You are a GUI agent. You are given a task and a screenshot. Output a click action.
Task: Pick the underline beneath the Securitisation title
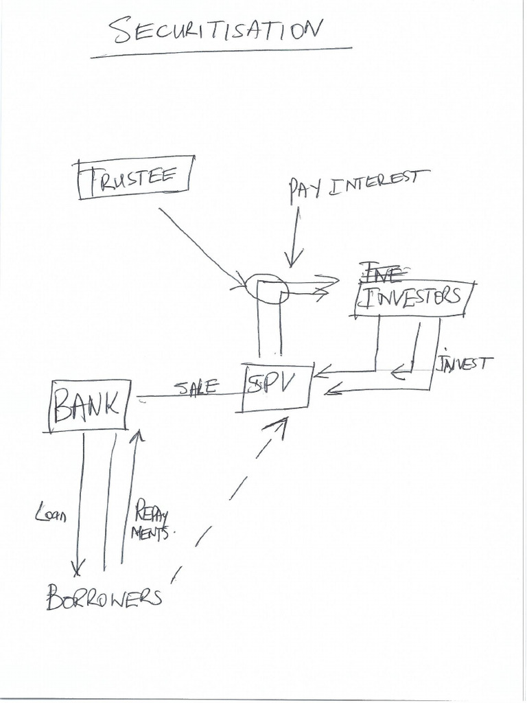(220, 53)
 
